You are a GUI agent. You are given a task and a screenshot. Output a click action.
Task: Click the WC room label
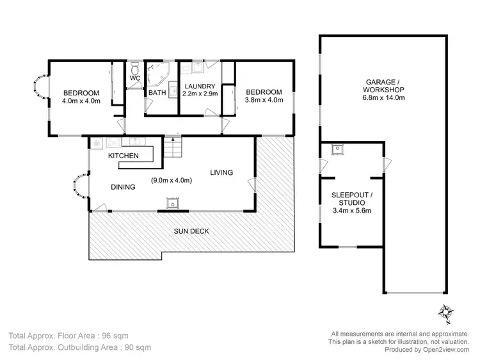click(x=135, y=78)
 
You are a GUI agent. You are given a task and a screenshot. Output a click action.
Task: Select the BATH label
click(x=157, y=93)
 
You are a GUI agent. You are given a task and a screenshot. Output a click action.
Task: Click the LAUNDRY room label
click(x=200, y=86)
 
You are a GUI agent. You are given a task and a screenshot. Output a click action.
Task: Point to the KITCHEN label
click(x=123, y=156)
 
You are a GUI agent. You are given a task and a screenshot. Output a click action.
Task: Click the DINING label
click(x=122, y=187)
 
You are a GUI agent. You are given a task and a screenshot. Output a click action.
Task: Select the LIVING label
click(x=221, y=172)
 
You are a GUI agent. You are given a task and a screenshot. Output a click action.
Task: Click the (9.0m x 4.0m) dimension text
click(x=172, y=181)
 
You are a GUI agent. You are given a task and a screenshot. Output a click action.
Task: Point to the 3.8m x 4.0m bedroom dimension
click(x=264, y=101)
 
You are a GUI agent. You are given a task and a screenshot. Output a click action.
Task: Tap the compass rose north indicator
click(x=445, y=311)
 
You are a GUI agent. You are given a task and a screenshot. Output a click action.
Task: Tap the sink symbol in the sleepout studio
click(x=337, y=150)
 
